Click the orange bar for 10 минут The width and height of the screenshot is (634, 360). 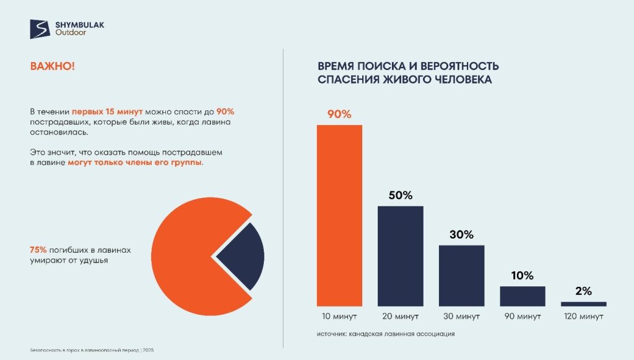click(x=339, y=215)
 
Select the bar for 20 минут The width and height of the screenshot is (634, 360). click(x=401, y=255)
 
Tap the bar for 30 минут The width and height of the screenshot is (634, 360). click(x=461, y=275)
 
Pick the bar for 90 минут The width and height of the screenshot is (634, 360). click(x=523, y=296)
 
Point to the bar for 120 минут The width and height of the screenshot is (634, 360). click(x=583, y=304)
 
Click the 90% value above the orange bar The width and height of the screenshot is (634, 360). click(x=339, y=114)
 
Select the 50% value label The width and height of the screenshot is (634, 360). click(x=401, y=196)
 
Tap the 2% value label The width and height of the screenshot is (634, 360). click(x=583, y=291)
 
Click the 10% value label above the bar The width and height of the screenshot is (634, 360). click(x=523, y=276)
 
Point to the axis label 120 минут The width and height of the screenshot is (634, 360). click(x=583, y=317)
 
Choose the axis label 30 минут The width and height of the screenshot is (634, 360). click(x=461, y=317)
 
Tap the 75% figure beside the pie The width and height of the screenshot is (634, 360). click(x=38, y=250)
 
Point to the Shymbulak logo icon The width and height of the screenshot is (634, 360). click(x=40, y=29)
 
